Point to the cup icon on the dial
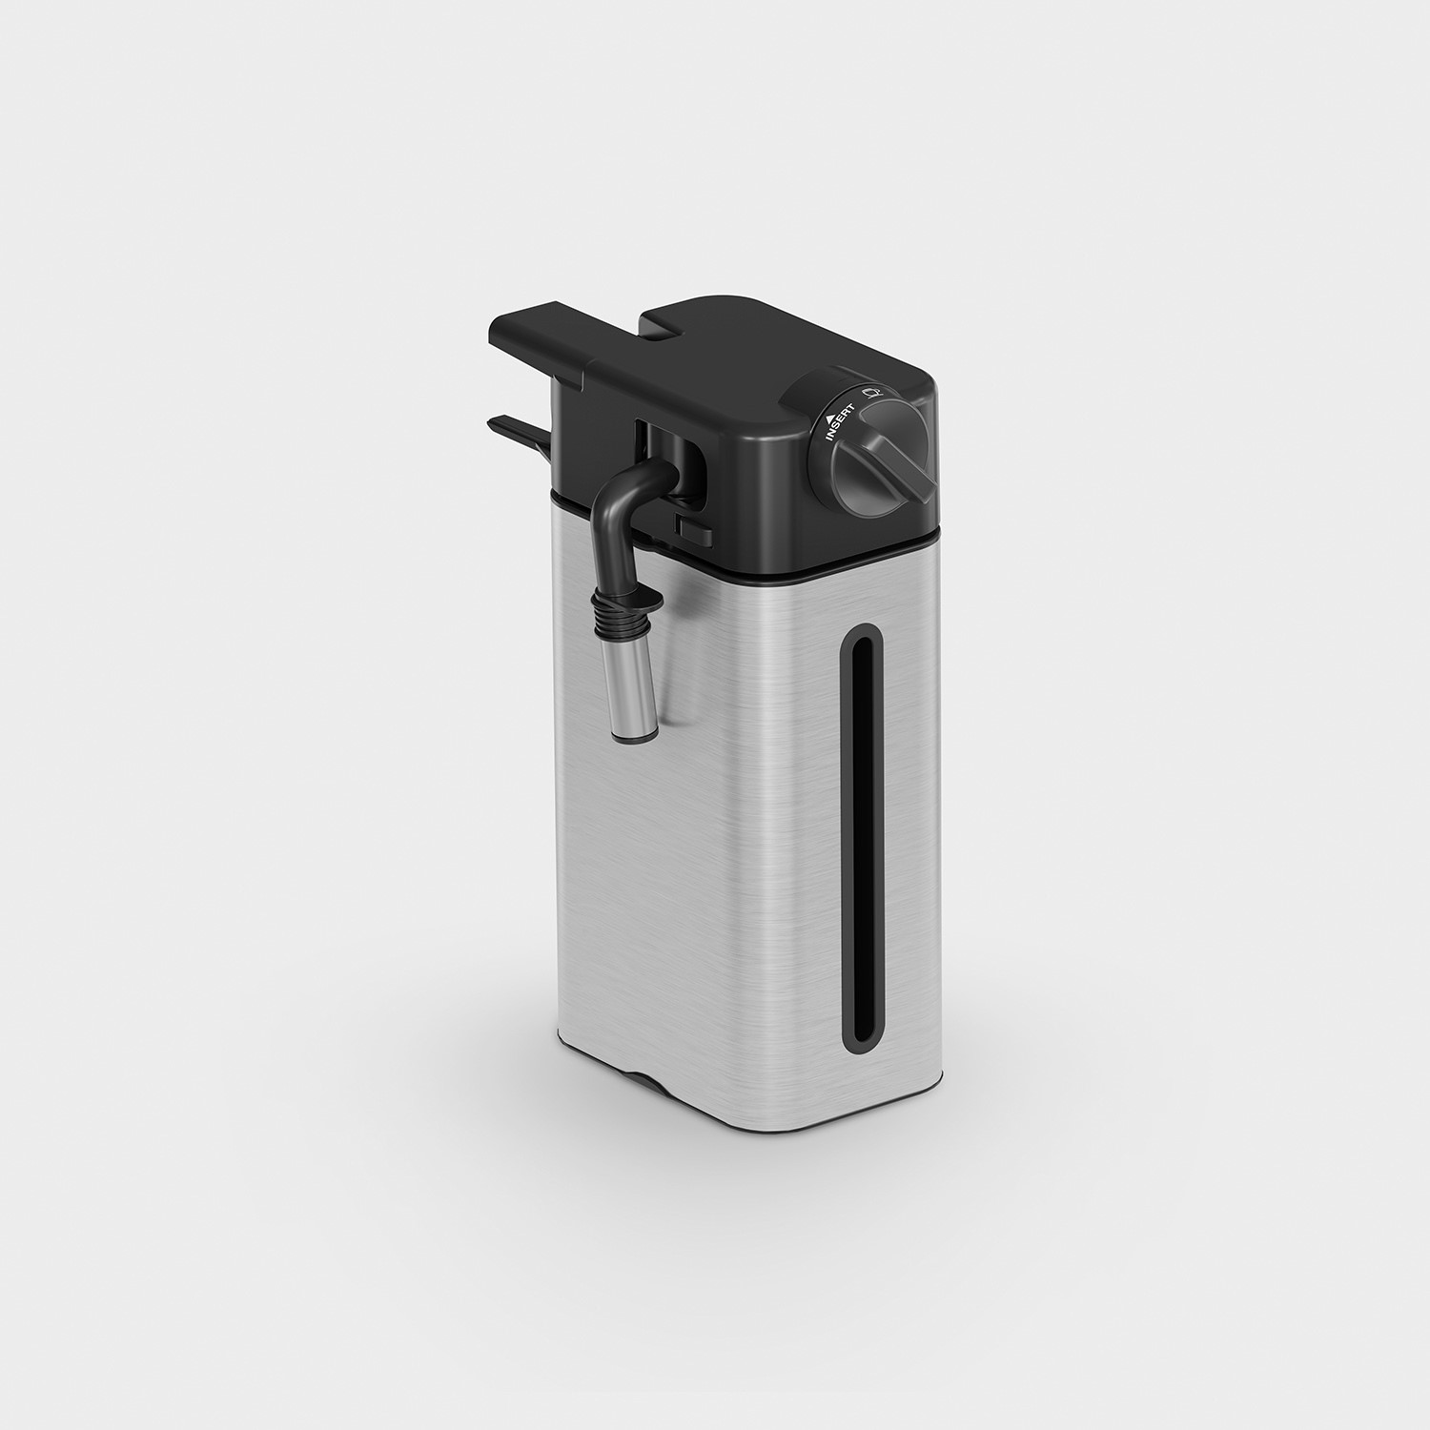[869, 390]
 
